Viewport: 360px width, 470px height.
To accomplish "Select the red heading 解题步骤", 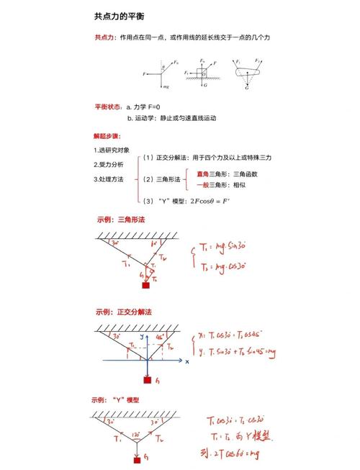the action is [x=107, y=135].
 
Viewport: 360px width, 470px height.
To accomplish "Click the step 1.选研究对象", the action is [x=112, y=150].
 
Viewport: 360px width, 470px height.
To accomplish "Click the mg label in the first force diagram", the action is [x=166, y=86].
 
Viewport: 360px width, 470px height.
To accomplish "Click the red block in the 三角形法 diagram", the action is [x=145, y=286].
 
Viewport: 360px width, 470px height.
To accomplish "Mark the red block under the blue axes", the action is [x=148, y=379].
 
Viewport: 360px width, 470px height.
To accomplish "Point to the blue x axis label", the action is [x=187, y=362].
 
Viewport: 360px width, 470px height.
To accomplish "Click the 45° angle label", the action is [x=161, y=336].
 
